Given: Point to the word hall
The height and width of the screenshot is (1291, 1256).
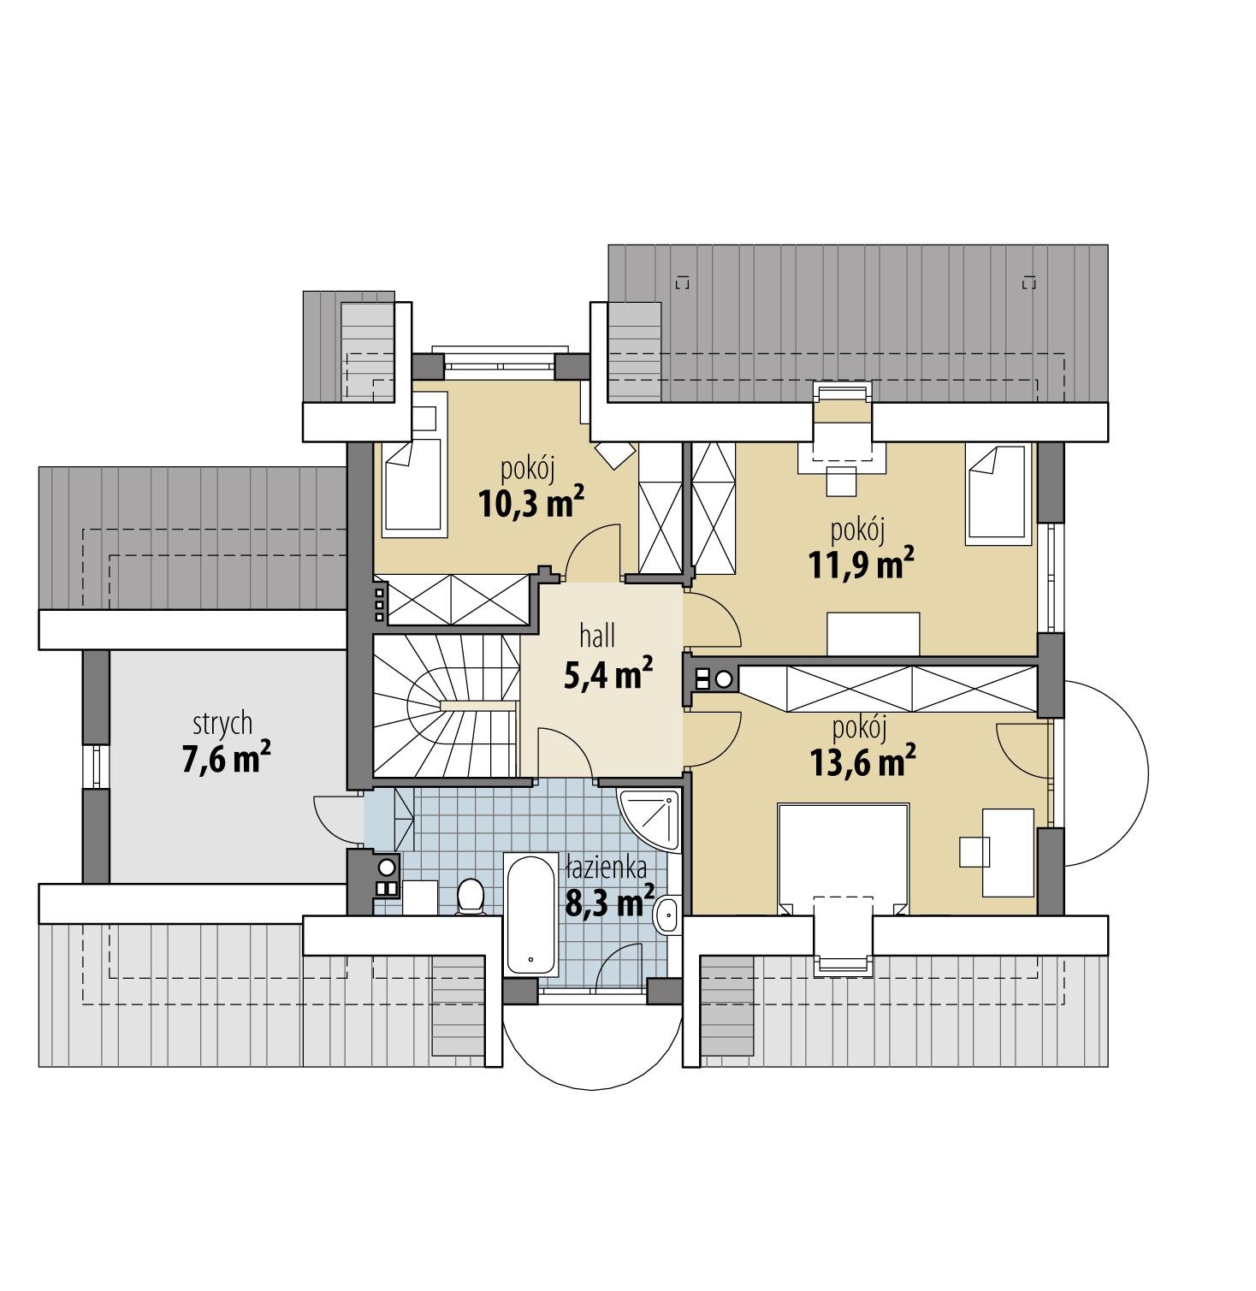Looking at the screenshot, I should [597, 637].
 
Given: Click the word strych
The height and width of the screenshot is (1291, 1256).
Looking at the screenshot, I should [222, 724].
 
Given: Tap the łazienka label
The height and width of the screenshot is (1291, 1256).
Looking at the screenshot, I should [606, 869].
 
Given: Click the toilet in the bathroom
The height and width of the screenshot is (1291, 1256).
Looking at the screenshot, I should [470, 897].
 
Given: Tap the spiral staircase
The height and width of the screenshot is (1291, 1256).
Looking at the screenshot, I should [445, 706].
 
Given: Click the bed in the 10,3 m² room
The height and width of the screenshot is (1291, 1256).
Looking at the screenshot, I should [413, 488].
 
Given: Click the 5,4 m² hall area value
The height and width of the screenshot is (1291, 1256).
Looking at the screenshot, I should [608, 675].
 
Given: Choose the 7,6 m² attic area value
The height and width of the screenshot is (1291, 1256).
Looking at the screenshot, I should [226, 759].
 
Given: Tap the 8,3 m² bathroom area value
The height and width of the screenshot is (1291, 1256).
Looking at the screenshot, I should [610, 903].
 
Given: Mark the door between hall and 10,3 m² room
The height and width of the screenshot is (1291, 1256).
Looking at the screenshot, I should [593, 552].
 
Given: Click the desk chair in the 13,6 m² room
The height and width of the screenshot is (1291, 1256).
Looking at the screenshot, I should [974, 851].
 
